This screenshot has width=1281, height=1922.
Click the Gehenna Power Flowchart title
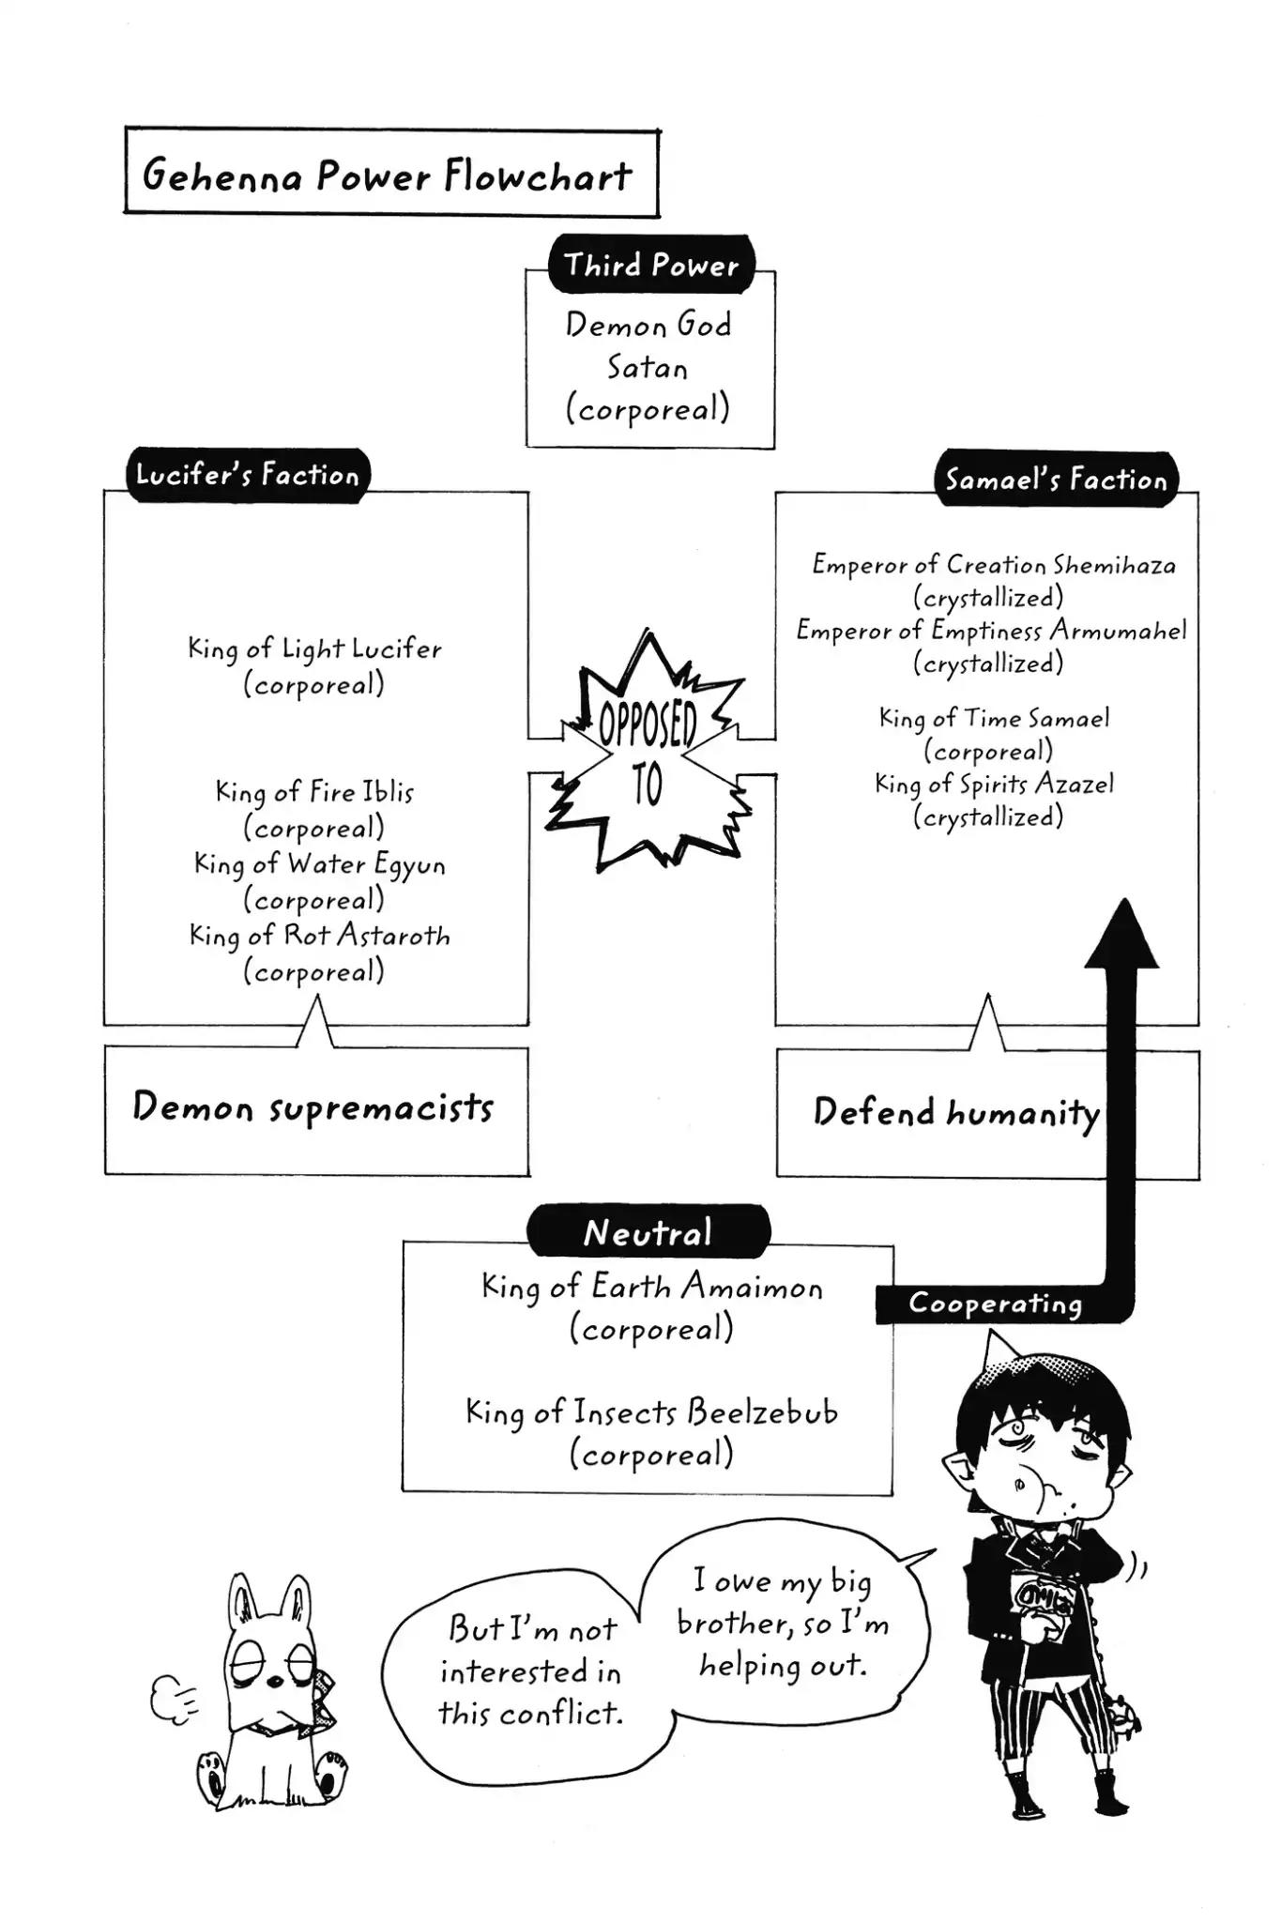tap(389, 175)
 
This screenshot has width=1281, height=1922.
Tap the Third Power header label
tap(651, 266)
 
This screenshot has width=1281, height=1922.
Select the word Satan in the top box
tap(648, 367)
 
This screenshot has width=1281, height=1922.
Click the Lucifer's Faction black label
tap(248, 475)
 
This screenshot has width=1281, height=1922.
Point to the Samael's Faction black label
tap(1056, 480)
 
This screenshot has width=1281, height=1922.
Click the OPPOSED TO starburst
tap(648, 751)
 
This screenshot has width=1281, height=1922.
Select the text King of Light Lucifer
tap(314, 648)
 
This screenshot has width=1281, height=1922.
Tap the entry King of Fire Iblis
tap(314, 792)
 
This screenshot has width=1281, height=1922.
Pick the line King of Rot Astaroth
tap(319, 936)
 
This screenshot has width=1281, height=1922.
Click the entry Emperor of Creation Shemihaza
tap(993, 565)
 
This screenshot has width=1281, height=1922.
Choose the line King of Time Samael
tap(993, 719)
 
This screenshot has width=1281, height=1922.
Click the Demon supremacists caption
tap(313, 1107)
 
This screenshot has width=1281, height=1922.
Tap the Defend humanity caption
tap(955, 1112)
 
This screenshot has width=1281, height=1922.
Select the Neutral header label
tap(648, 1232)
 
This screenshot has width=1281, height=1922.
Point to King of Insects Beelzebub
tap(651, 1412)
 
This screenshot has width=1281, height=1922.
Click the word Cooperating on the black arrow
tap(995, 1304)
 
